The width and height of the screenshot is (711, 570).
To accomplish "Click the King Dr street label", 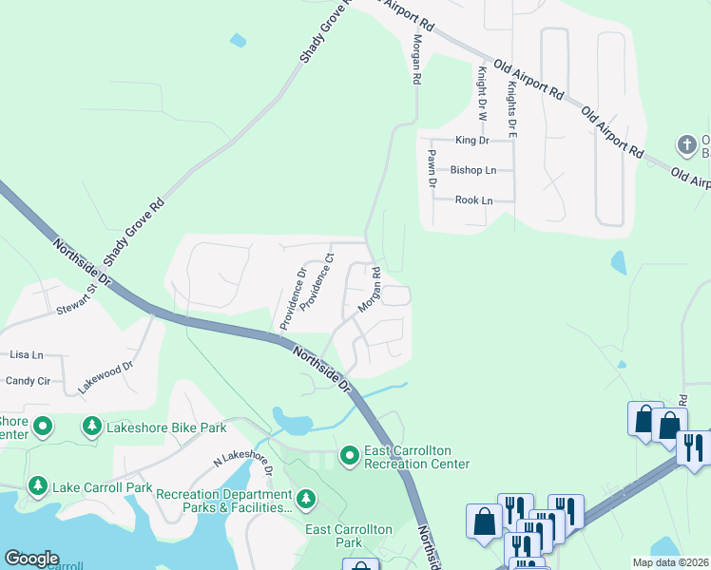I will [471, 141].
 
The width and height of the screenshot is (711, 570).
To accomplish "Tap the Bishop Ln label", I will [472, 171].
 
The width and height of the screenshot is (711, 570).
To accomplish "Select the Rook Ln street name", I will [473, 200].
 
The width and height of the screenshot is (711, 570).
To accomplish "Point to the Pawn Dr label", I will [431, 168].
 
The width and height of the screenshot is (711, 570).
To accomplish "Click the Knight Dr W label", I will [483, 93].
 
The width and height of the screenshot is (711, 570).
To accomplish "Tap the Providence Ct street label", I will [318, 282].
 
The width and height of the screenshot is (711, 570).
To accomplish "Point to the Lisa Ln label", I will [27, 354].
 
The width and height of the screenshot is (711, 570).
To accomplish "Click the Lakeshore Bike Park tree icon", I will [92, 427].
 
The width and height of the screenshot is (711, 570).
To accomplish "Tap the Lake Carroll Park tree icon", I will [38, 487].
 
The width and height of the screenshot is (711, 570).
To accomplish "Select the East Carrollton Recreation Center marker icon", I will [349, 457].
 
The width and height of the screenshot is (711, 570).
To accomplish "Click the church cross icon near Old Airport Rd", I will [686, 145].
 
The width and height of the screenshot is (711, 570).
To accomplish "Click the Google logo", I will [31, 559].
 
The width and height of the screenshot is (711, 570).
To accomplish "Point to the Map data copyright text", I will [670, 562].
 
